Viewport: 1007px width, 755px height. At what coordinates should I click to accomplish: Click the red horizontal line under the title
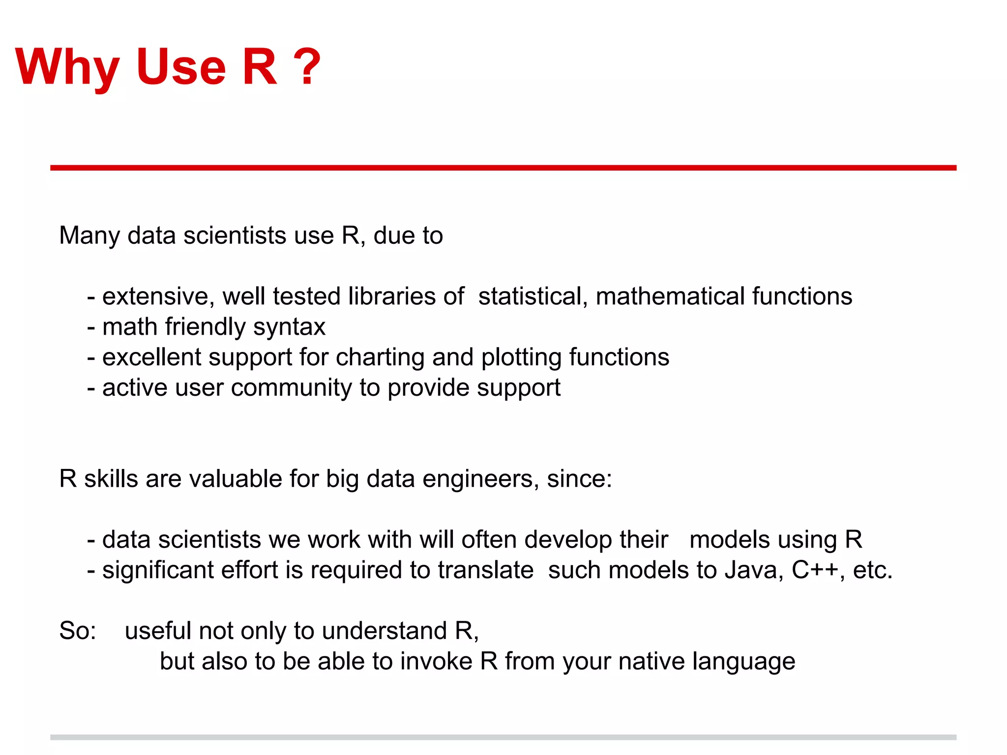tap(503, 168)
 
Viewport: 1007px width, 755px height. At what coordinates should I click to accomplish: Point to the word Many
tap(89, 235)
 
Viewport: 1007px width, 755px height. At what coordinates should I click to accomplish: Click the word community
tap(291, 388)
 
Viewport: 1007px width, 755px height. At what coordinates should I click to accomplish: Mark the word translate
tap(486, 570)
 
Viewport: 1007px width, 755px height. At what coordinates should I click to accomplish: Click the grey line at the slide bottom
tap(503, 737)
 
